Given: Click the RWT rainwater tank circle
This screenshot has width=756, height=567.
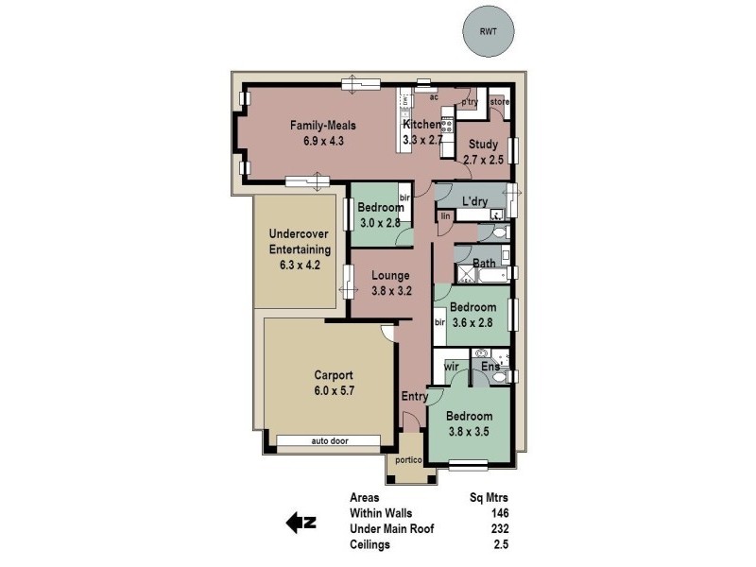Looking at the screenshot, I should point(488,31).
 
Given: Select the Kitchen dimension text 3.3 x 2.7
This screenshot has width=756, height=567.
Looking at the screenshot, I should point(422,140).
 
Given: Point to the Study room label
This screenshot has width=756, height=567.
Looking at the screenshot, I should point(483,145).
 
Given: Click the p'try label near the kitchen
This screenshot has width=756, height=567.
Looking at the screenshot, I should point(470,101).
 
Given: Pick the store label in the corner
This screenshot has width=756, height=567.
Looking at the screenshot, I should point(500,101).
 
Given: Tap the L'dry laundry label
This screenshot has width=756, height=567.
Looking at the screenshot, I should point(475,201).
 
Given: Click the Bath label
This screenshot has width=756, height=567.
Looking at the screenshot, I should point(484,264).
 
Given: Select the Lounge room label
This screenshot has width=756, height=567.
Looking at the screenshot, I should point(389,276).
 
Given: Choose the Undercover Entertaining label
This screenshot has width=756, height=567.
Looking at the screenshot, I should point(300,242).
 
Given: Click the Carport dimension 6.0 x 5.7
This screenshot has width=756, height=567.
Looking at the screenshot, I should point(329,390).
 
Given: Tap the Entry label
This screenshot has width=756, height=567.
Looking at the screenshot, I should point(414,396).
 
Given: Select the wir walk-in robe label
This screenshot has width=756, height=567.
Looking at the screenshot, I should point(451,366).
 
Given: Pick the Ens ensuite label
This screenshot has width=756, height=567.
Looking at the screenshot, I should point(490,366).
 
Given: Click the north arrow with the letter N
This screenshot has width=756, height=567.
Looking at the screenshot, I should point(301,521).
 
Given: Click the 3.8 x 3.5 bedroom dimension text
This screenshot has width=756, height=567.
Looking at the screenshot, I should point(470,434).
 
